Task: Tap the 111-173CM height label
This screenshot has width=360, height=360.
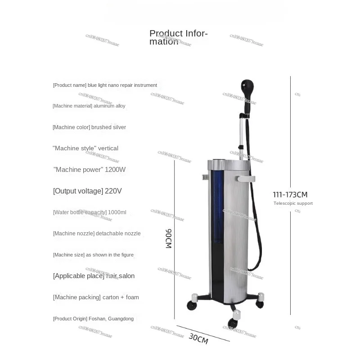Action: (290, 194)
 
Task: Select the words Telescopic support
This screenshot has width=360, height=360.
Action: (293, 203)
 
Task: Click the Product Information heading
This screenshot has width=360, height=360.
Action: (178, 37)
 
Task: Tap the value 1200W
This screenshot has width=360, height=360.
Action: (115, 170)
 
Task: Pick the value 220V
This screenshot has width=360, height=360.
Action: (113, 191)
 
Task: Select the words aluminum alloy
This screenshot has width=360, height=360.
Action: (110, 106)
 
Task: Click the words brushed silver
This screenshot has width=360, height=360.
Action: (109, 127)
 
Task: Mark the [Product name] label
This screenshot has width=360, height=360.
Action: (69, 85)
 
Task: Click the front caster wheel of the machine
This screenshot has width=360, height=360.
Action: (233, 322)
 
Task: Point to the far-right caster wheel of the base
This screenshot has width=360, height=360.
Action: (260, 304)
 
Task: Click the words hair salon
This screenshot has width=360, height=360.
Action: (121, 276)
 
